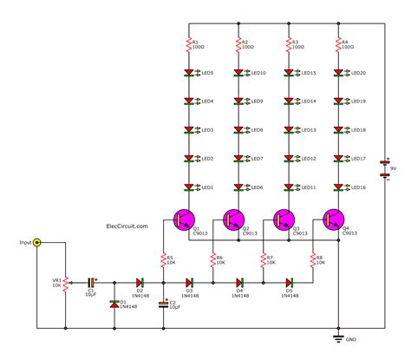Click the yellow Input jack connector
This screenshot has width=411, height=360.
[36, 244]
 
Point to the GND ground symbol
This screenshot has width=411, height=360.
[338, 338]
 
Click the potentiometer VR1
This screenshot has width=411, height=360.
[66, 282]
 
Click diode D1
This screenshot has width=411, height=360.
[114, 304]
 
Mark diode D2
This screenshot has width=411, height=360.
[138, 282]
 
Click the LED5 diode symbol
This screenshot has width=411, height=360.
[188, 73]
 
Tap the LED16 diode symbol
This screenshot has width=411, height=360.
[338, 187]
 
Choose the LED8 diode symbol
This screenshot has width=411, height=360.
[238, 130]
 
